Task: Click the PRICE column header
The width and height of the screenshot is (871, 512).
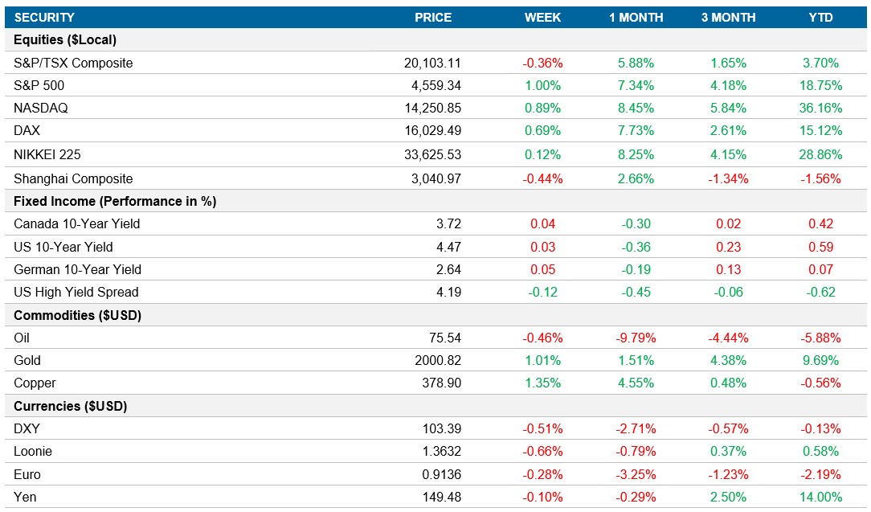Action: (432, 17)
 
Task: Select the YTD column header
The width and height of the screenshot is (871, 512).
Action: (820, 17)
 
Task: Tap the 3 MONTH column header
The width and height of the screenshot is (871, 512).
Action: (728, 17)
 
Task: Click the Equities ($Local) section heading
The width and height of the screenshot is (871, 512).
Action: (66, 40)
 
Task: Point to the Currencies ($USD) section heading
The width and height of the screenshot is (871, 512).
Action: (71, 406)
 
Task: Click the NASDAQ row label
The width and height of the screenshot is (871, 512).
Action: (39, 109)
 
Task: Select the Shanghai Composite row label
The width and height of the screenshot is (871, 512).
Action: (73, 178)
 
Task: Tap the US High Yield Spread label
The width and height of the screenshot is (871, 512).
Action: (76, 292)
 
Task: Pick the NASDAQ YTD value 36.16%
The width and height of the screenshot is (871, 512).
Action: (820, 109)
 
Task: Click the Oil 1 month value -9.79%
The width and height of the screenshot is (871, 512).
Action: (636, 338)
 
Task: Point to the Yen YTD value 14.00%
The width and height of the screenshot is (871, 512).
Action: (820, 497)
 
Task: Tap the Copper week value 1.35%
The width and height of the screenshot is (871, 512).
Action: (542, 383)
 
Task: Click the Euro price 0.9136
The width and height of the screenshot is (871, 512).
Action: (442, 474)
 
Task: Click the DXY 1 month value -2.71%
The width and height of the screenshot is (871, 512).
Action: (636, 428)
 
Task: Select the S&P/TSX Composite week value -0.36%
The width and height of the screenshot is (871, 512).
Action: (542, 63)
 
